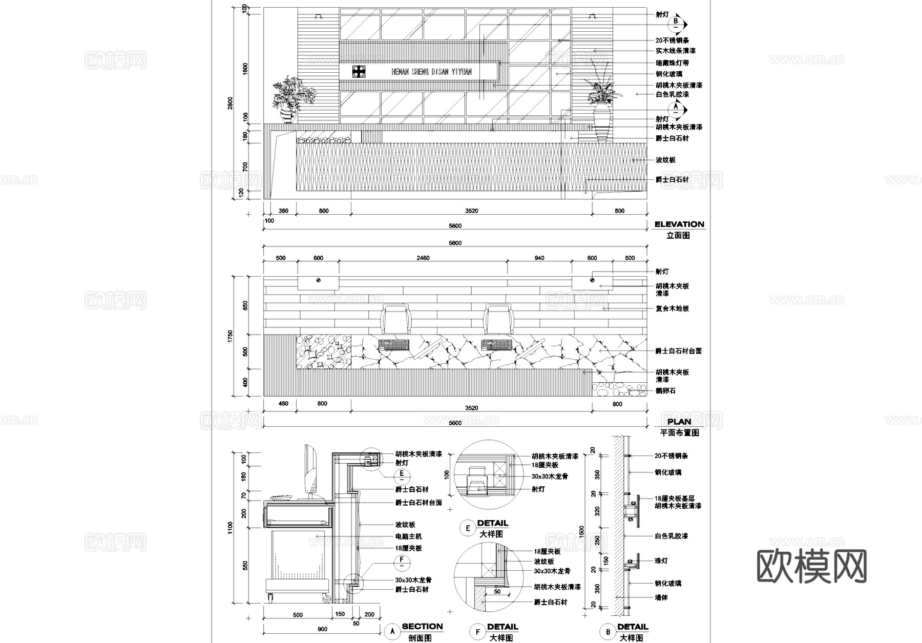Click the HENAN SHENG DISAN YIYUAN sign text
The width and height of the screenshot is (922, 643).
(x=431, y=72)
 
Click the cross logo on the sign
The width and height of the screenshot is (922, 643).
(x=359, y=72)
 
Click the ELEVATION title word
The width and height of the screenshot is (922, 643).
(x=679, y=224)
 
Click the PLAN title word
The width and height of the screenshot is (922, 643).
(x=679, y=422)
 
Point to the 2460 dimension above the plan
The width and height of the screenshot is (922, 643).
(x=423, y=258)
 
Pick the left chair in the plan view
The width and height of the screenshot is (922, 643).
(x=396, y=319)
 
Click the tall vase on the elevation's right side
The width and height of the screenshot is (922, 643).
(x=601, y=121)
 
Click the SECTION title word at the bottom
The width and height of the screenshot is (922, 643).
(x=422, y=626)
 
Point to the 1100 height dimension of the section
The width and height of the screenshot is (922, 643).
(x=230, y=528)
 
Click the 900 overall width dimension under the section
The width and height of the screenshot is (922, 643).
(x=323, y=629)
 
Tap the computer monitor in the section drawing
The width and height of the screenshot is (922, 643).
(x=310, y=471)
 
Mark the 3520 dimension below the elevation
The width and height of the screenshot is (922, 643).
(x=471, y=211)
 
